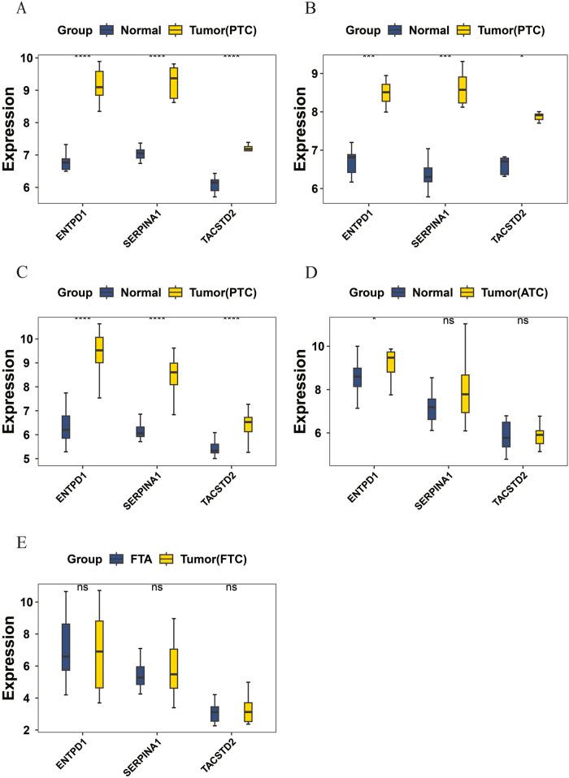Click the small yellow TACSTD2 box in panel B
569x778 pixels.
[x=538, y=116]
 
